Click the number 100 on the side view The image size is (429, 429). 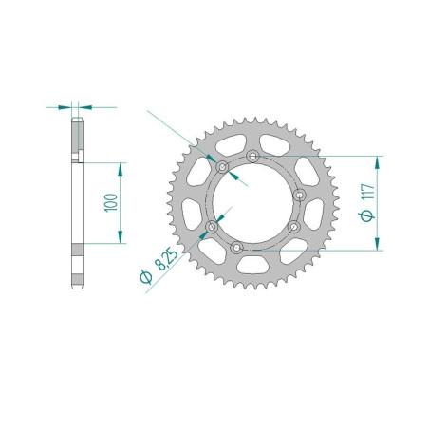[x=112, y=202]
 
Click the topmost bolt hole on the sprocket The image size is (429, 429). [x=251, y=156]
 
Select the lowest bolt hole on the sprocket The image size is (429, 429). [x=237, y=248]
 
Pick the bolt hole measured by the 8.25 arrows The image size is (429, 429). [x=223, y=168]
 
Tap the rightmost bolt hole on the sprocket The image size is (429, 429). [x=299, y=195]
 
